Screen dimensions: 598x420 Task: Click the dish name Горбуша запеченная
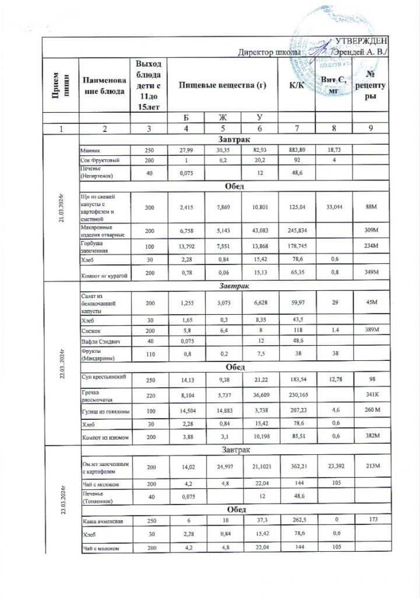[94, 245]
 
